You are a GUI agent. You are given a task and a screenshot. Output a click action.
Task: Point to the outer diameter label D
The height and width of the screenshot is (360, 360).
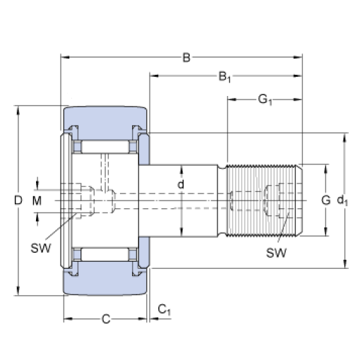pyautogui.click(x=18, y=201)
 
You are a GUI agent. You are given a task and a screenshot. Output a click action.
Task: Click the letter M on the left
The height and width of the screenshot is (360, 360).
pyautogui.click(x=37, y=201)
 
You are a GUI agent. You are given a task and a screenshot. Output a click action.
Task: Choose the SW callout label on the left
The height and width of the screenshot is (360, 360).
pyautogui.click(x=40, y=247)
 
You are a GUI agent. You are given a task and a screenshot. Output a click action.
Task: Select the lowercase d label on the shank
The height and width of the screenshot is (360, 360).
pyautogui.click(x=181, y=185)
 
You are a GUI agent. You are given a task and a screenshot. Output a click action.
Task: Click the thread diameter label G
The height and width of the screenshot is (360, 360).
pyautogui.click(x=325, y=200)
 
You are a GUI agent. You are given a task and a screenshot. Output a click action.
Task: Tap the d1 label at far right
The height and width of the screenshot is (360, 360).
pyautogui.click(x=343, y=201)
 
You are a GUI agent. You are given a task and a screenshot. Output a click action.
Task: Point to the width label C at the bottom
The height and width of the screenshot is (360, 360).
pyautogui.click(x=105, y=319)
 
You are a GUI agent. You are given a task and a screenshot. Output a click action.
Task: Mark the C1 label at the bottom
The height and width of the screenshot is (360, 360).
pyautogui.click(x=164, y=309)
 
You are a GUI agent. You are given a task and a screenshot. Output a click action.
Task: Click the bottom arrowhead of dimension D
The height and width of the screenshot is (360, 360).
pyautogui.click(x=18, y=292)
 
